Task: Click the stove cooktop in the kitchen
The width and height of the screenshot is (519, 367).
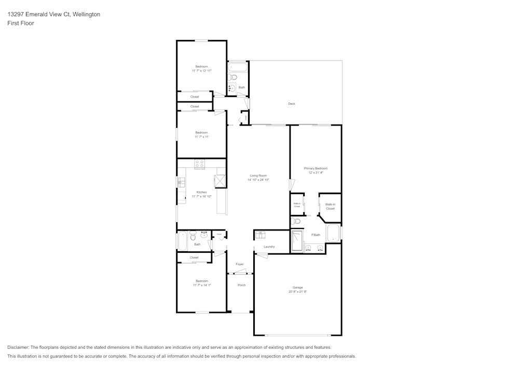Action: [x=200, y=164]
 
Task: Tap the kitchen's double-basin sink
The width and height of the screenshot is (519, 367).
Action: [x=181, y=182]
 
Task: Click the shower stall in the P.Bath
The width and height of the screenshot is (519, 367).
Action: [x=297, y=241]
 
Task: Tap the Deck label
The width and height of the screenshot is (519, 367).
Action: [x=292, y=104]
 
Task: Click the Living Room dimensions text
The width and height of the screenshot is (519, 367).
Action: [x=258, y=180]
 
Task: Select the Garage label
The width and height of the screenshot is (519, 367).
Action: [x=297, y=288]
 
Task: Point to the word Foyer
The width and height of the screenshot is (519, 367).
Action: [x=239, y=264]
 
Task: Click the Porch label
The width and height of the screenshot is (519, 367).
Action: [x=241, y=285]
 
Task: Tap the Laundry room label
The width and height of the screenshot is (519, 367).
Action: [x=269, y=247]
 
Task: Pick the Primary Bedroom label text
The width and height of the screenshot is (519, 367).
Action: [x=316, y=169]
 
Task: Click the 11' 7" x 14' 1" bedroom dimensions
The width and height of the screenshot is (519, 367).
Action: [x=202, y=285]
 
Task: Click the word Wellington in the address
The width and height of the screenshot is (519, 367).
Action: [x=87, y=15]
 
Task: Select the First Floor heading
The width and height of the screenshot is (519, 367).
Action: [x=21, y=23]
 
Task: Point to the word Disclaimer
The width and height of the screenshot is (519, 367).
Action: [x=18, y=347]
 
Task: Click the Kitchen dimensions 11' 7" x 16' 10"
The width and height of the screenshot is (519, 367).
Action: [x=202, y=196]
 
